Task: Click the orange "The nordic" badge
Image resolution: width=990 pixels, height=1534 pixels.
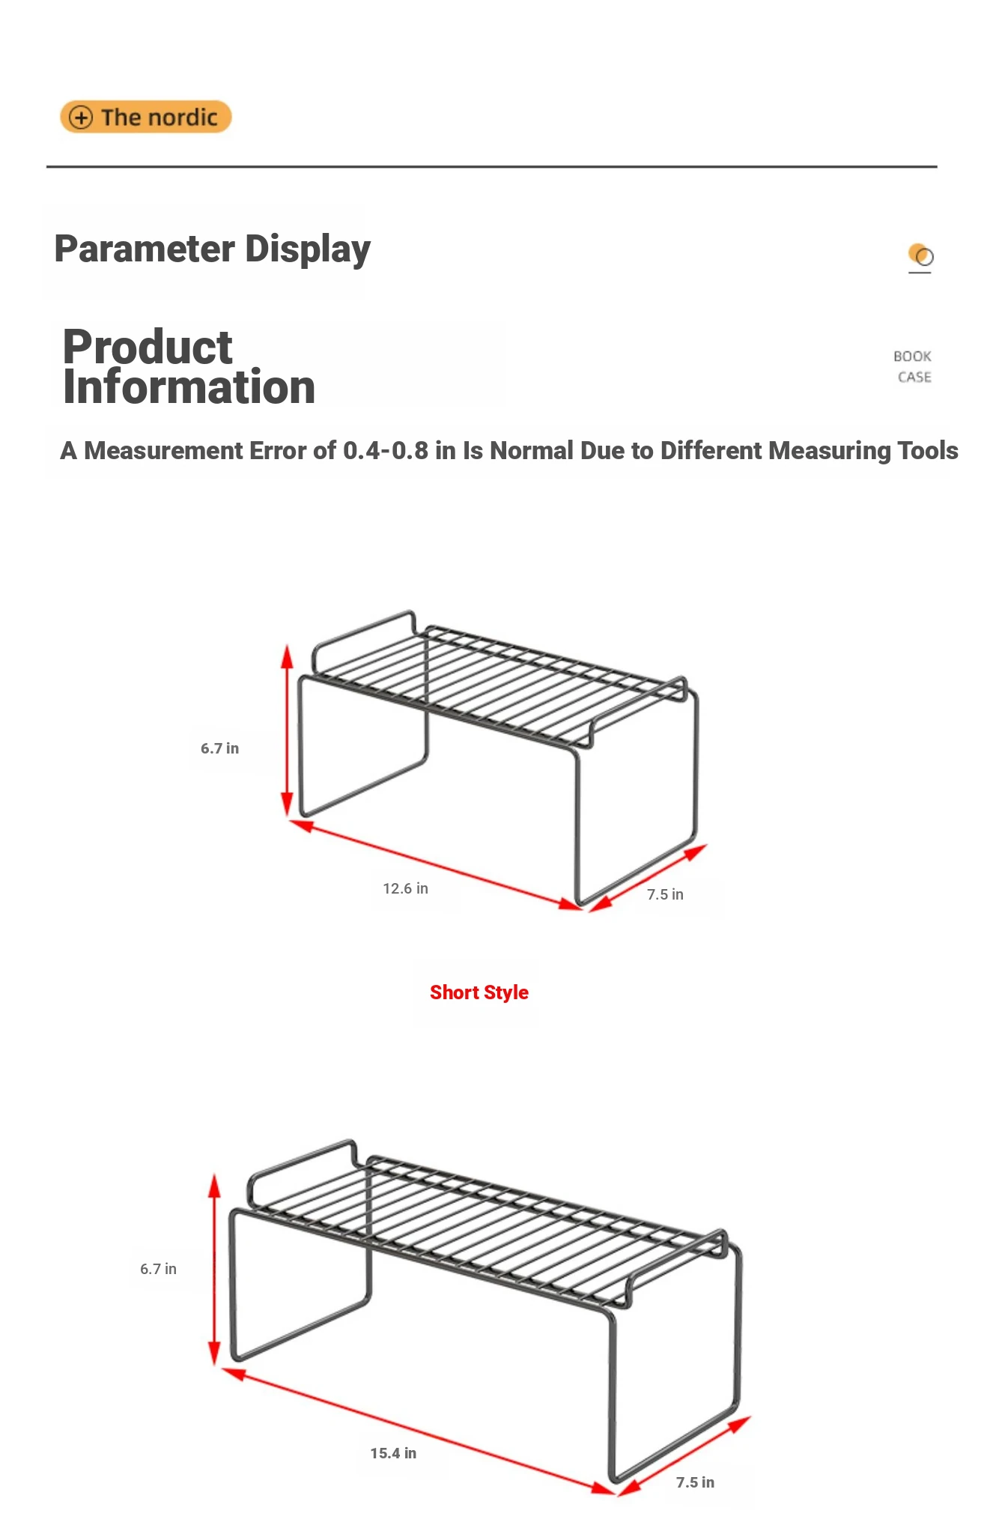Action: (x=146, y=117)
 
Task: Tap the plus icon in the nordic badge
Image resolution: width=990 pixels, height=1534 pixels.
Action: (x=81, y=118)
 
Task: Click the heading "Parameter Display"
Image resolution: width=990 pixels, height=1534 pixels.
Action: (x=213, y=249)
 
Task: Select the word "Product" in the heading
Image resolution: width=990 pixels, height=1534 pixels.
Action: (x=148, y=347)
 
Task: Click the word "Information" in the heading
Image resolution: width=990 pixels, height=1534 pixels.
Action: (x=189, y=387)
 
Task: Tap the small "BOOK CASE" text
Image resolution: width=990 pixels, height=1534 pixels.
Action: (x=913, y=366)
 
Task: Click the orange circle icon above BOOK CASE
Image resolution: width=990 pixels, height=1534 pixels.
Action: (x=920, y=255)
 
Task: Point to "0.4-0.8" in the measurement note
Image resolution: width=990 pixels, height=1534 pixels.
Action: (x=386, y=450)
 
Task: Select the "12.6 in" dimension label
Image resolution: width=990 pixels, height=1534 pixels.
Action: (x=406, y=888)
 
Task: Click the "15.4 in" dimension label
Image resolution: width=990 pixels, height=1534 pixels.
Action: (x=393, y=1453)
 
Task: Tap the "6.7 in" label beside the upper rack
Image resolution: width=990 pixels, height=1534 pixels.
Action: (x=219, y=748)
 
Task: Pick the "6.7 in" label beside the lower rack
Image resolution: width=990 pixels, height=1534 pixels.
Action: (x=158, y=1269)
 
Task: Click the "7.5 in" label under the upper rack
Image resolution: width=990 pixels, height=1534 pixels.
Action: (x=665, y=894)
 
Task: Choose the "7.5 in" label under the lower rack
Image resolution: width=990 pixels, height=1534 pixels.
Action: (x=695, y=1482)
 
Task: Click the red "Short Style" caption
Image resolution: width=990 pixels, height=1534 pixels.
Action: (x=479, y=992)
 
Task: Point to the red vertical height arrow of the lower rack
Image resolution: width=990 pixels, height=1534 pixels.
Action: (x=214, y=1270)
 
